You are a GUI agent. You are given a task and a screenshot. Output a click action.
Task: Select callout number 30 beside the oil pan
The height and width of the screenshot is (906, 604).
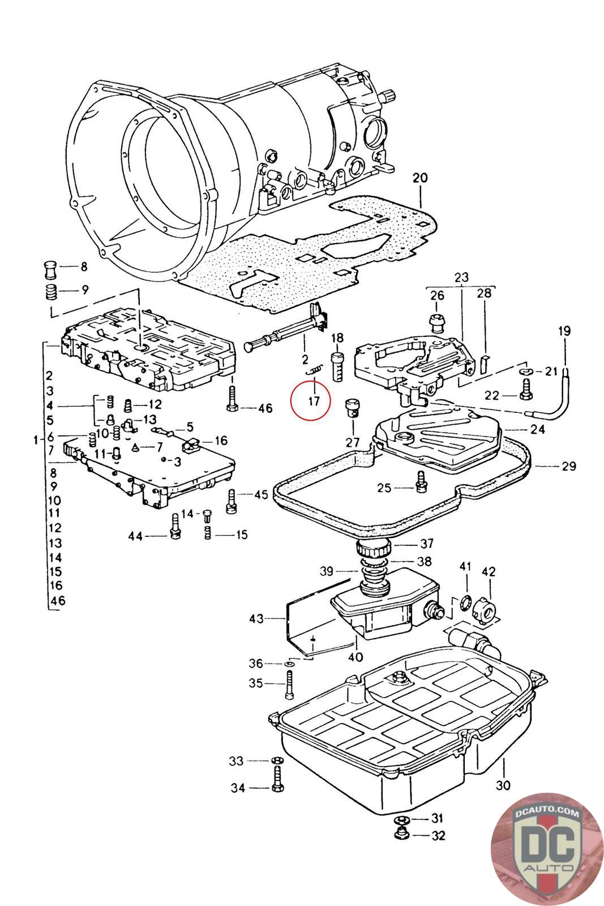[x=503, y=785]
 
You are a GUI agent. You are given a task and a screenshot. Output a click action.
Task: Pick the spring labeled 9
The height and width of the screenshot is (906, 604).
[x=52, y=293]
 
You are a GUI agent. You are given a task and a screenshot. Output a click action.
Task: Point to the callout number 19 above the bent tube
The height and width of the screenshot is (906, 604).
[x=564, y=331]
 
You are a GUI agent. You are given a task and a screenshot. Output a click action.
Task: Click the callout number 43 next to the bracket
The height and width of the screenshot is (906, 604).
[x=256, y=618]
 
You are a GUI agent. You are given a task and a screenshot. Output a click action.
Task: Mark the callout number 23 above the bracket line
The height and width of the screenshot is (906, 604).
[x=461, y=278]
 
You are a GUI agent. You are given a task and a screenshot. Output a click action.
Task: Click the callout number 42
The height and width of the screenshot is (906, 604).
[x=488, y=572]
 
